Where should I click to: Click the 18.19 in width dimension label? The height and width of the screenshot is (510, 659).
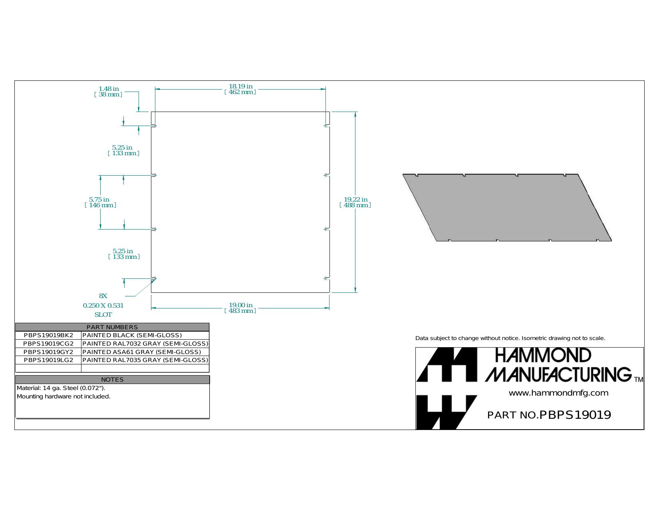(x=240, y=89)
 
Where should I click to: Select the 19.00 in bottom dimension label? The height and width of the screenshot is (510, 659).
(x=240, y=308)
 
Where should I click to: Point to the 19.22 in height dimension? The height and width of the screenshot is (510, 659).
(x=355, y=202)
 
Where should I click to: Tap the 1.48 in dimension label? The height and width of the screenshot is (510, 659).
(x=108, y=92)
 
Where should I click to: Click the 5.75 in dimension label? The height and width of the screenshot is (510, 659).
(x=100, y=202)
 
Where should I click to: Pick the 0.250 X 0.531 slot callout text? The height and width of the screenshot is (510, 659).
(x=103, y=305)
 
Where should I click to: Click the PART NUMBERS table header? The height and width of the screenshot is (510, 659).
(x=112, y=327)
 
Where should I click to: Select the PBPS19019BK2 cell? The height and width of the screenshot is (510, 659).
(x=48, y=335)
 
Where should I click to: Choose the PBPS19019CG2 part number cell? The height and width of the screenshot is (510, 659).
(x=48, y=344)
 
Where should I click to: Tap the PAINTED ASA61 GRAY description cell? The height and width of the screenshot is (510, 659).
(x=142, y=352)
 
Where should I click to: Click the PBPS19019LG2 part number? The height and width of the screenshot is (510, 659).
(x=48, y=360)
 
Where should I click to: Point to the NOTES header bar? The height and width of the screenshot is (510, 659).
(x=112, y=380)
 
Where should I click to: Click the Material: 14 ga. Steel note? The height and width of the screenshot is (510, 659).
(x=61, y=388)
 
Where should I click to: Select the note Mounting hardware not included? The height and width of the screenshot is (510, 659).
(x=64, y=396)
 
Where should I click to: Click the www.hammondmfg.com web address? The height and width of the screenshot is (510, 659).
(x=558, y=393)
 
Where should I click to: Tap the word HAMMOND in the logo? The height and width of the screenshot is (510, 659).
(x=543, y=356)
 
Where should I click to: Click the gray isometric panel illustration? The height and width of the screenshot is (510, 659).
(x=507, y=208)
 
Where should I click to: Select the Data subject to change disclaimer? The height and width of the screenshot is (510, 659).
(x=510, y=338)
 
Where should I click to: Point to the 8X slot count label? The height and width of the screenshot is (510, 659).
(x=103, y=296)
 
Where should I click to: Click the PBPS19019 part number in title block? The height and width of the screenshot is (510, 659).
(x=575, y=415)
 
